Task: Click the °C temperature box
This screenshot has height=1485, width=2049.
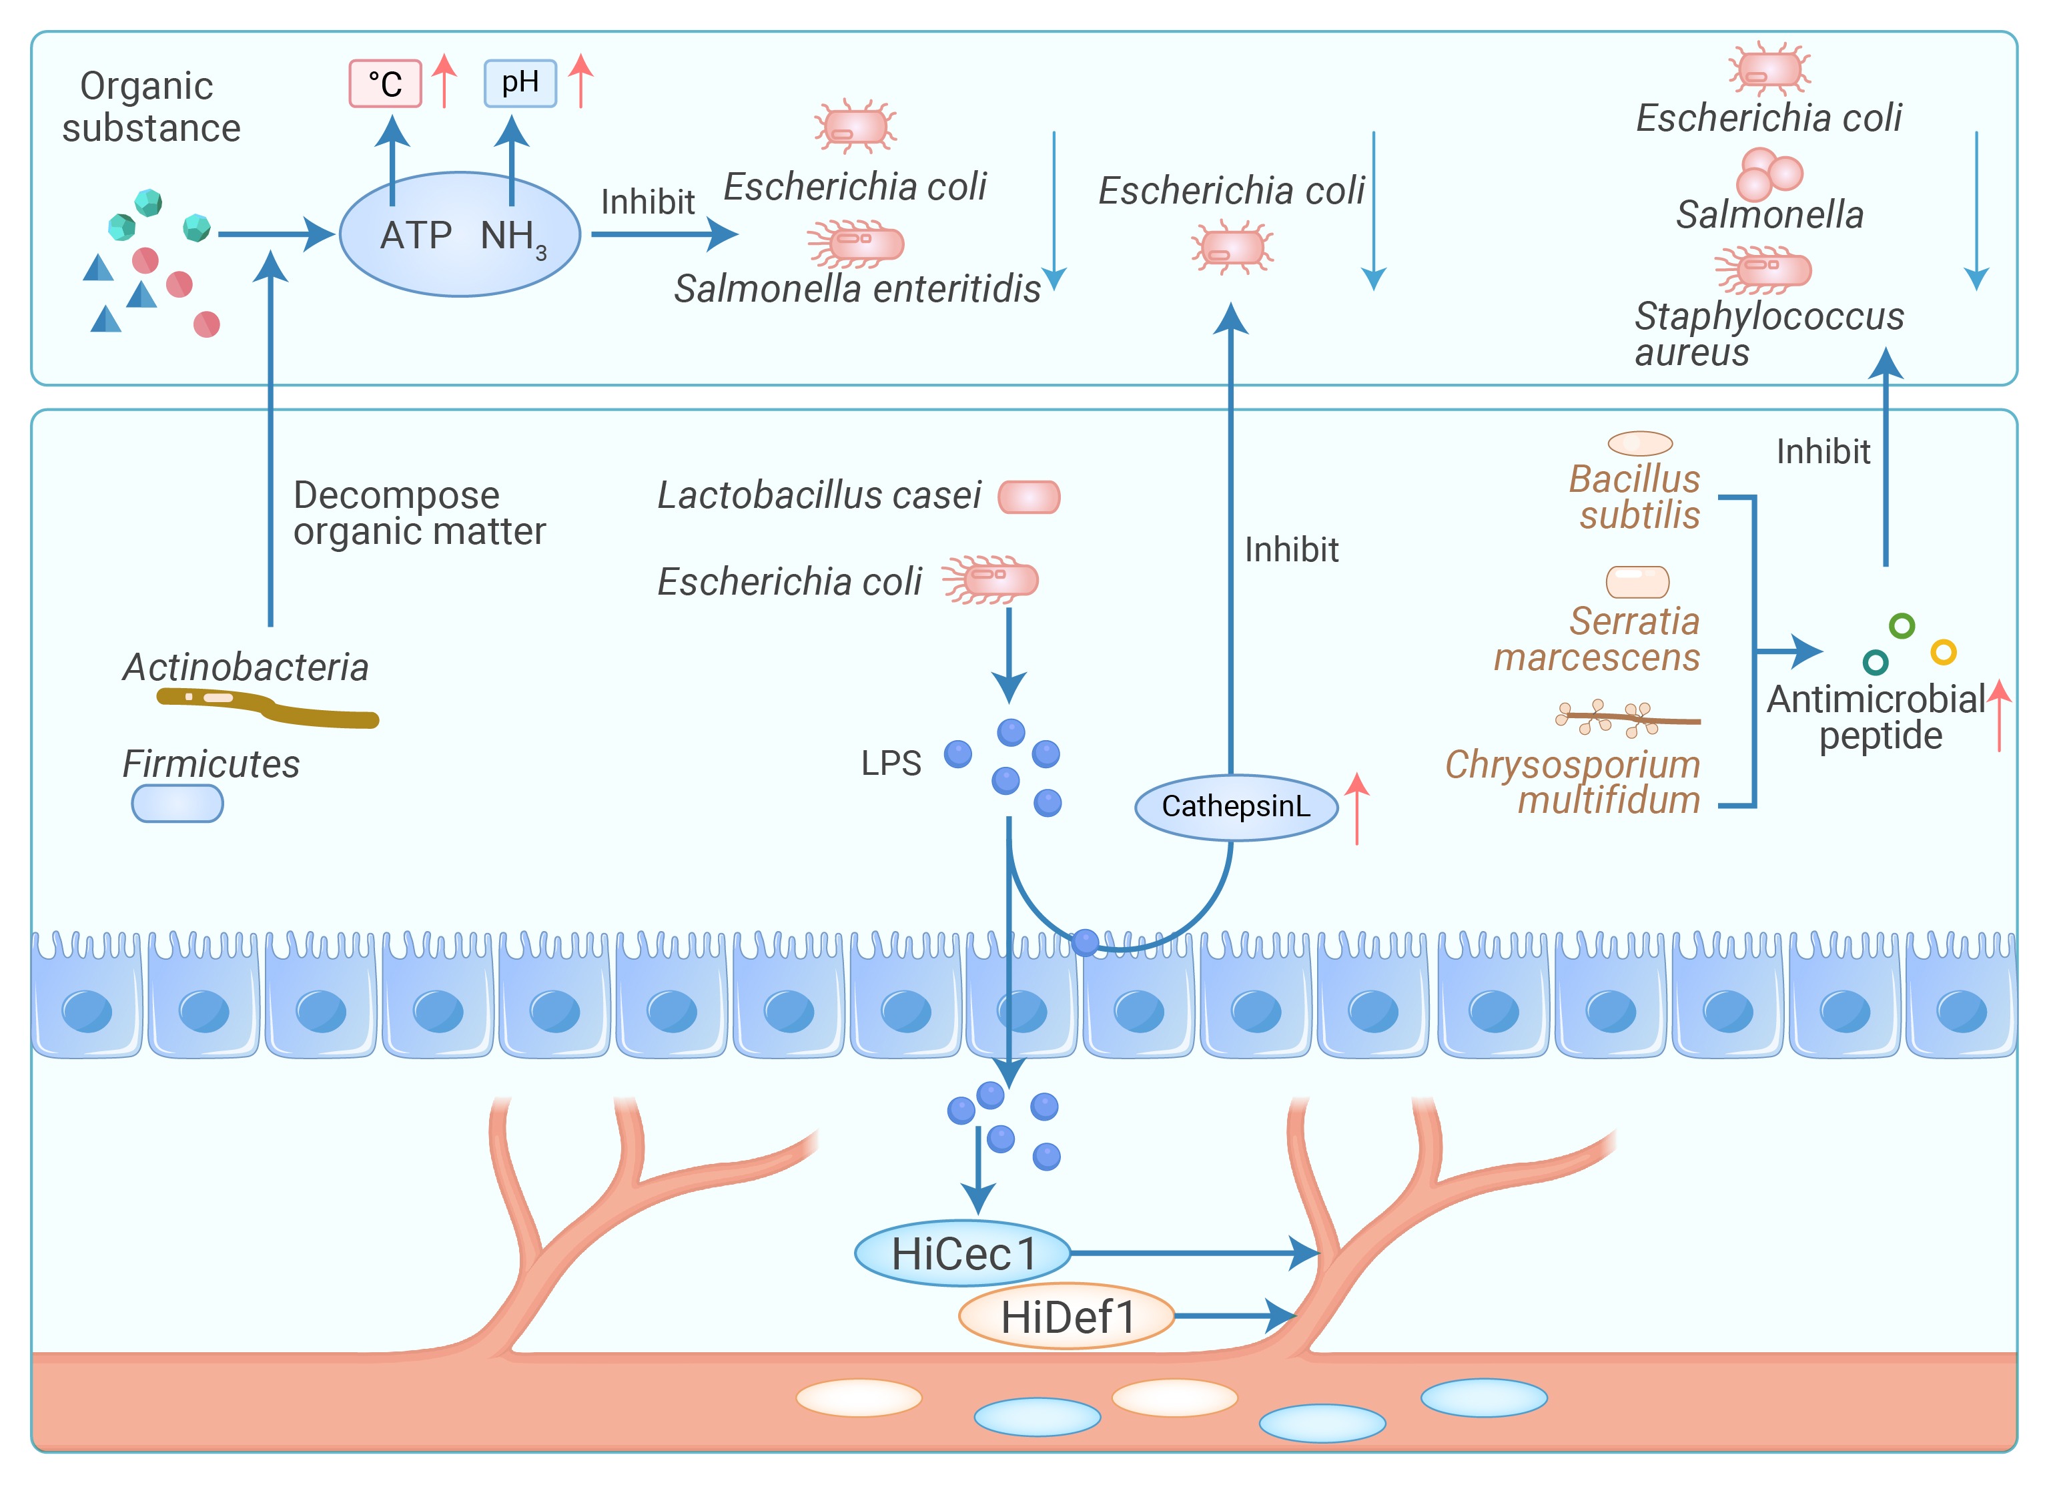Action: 385,84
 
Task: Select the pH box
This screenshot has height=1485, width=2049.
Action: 520,83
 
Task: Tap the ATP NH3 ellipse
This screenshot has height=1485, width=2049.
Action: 460,234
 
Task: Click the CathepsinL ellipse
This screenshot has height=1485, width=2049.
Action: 1235,806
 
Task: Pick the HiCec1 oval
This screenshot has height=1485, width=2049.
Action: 962,1253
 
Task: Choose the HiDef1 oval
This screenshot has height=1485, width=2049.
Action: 1066,1316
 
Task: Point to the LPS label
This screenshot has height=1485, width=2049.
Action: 890,764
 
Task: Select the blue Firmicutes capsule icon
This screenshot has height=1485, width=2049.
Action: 177,804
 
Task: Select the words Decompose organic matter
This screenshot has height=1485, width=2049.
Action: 419,513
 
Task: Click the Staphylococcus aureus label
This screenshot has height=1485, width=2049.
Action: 1768,334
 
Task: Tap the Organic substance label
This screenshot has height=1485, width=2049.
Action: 150,107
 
